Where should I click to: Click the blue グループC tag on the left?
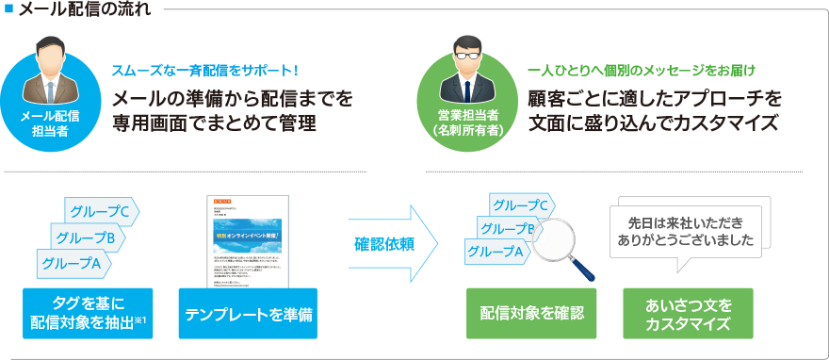pyautogui.click(x=101, y=211)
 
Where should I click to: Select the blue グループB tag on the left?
pyautogui.click(x=86, y=237)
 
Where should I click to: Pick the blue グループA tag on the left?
pyautogui.click(x=70, y=264)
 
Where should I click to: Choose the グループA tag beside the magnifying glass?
pyautogui.click(x=495, y=251)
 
